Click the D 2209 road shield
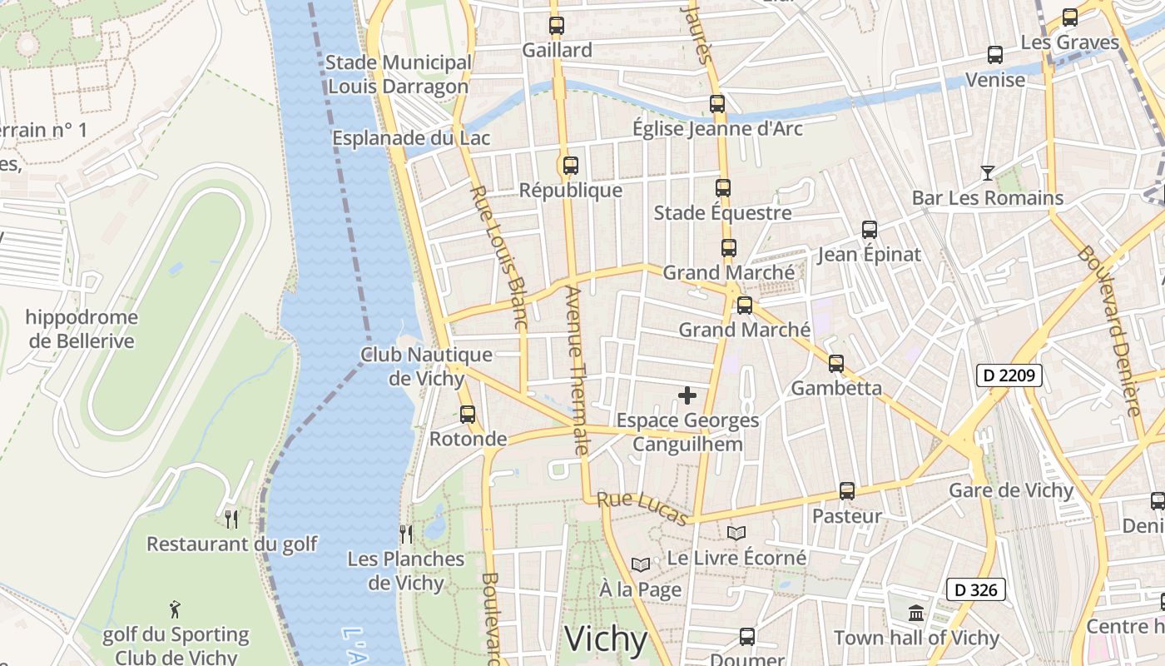click(x=1009, y=375)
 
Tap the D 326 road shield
click(x=975, y=590)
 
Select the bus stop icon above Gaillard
click(x=557, y=26)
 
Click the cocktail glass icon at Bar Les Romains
click(x=987, y=173)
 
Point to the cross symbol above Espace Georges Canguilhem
click(x=687, y=395)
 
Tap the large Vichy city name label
click(x=606, y=639)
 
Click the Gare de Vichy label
click(x=1011, y=490)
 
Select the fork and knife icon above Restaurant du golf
click(x=231, y=519)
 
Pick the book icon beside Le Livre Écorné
click(x=736, y=533)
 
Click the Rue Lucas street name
click(x=642, y=509)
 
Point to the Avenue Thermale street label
click(x=576, y=370)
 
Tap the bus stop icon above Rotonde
click(x=468, y=414)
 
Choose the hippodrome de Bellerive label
click(x=82, y=329)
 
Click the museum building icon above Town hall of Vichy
click(x=916, y=613)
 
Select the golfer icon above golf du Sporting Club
click(x=175, y=609)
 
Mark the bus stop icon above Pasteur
click(x=847, y=491)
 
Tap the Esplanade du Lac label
click(x=411, y=138)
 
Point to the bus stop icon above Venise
click(x=994, y=55)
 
